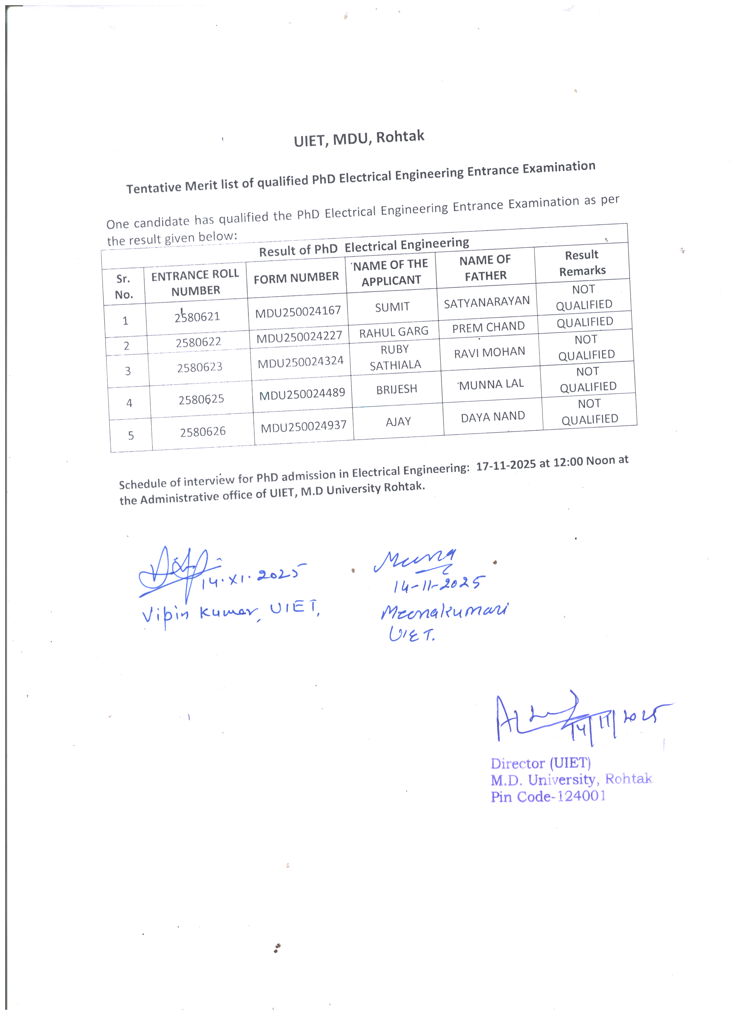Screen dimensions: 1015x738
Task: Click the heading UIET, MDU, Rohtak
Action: pos(359,138)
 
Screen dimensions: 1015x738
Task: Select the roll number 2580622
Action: pos(198,342)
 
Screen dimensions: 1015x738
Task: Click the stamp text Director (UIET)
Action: pos(541,763)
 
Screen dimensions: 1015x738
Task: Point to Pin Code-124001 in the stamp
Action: pos(548,797)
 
